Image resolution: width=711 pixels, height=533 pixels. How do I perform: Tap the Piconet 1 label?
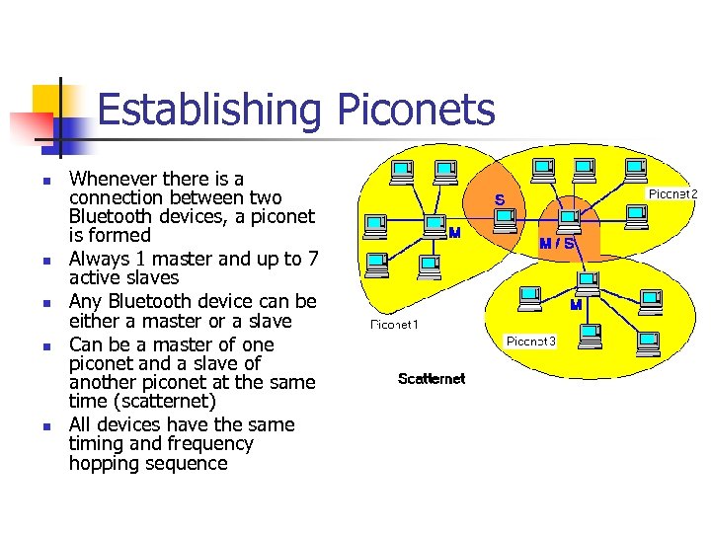pos(395,324)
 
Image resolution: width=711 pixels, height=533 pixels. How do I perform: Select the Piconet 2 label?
pos(672,194)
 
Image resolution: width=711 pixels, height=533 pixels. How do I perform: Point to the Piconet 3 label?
pos(531,342)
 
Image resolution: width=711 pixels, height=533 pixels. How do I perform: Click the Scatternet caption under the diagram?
pos(432,379)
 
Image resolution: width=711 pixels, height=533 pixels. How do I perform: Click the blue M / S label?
pos(557,243)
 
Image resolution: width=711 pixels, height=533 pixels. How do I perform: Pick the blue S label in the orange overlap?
pos(500,200)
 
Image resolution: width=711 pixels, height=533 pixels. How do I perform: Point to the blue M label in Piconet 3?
pos(575,306)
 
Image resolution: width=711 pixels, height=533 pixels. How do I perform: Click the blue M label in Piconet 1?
pos(454,234)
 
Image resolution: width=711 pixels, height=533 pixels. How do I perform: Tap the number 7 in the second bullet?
pos(312,260)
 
